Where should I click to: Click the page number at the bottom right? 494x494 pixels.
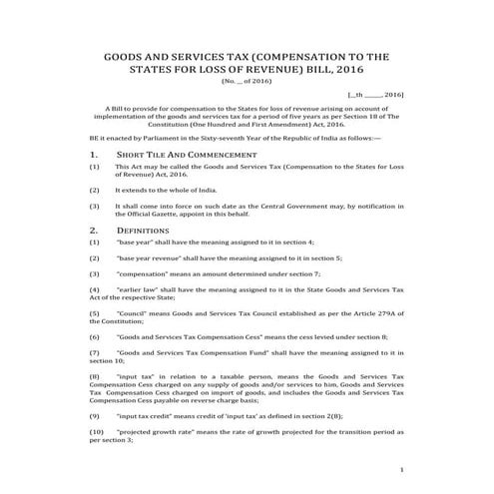click(x=399, y=469)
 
